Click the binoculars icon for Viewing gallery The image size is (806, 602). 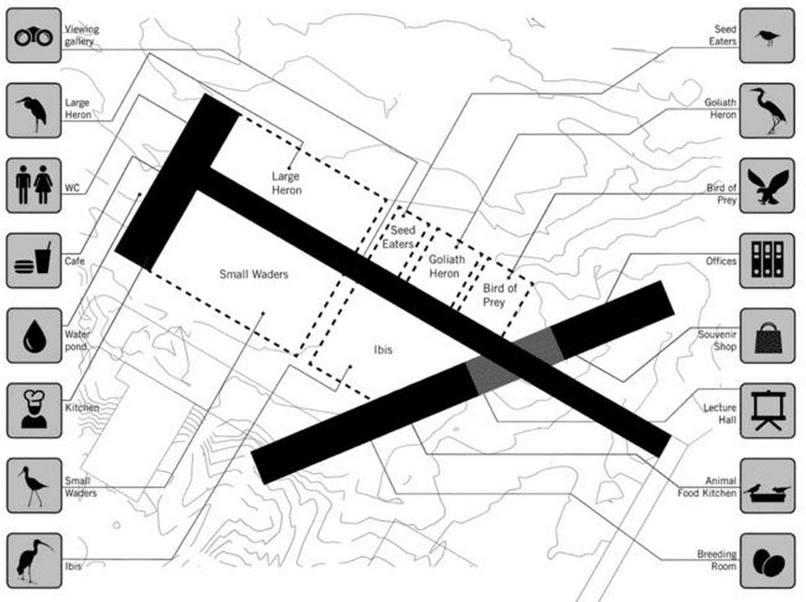coord(34,35)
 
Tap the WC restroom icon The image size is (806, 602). coord(34,185)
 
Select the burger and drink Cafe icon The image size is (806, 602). coord(34,261)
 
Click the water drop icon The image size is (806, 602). coord(34,336)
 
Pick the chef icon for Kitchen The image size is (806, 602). coord(34,411)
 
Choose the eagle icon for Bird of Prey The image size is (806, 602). coord(767,185)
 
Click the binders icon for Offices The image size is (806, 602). coord(767,261)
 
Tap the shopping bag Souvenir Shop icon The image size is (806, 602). coord(767,336)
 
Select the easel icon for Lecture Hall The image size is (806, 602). coord(767,411)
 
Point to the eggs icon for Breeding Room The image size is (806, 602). coord(767,561)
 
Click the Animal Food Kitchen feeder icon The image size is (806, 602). coord(767,486)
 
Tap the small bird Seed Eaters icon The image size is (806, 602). coord(767,35)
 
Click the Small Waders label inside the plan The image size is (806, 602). coord(254,274)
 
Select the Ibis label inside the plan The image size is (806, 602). coord(383,350)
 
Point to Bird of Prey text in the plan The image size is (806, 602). coord(500,295)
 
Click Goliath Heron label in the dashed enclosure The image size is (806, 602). coord(446,266)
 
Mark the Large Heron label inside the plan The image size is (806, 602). coord(287,183)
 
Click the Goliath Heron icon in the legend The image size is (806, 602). coord(767,110)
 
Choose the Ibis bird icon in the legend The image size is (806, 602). coord(34,561)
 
